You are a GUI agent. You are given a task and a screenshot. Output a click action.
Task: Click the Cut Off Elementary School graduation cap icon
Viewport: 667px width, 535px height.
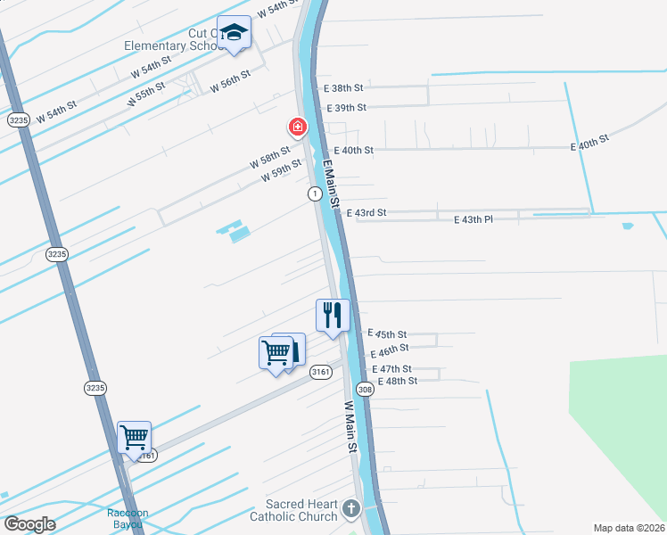[x=235, y=34]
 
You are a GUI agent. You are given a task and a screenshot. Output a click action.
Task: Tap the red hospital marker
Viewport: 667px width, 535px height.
[x=297, y=128]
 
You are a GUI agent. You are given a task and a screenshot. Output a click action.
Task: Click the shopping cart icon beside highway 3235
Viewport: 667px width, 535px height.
[x=134, y=438]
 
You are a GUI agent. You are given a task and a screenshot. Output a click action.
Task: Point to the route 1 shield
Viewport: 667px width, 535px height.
[x=314, y=193]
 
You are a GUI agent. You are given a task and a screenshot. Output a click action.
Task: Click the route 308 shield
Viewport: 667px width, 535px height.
[x=365, y=390]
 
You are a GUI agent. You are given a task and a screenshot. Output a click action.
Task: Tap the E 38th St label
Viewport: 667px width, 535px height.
[x=346, y=88]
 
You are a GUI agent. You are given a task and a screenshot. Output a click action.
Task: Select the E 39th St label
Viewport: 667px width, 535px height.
[x=347, y=107]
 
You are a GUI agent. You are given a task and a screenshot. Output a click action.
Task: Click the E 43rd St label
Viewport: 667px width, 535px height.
[x=366, y=213]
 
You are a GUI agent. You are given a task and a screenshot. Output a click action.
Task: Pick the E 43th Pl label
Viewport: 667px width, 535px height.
[x=473, y=218]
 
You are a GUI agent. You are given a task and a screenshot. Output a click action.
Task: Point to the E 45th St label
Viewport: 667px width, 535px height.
[x=388, y=333]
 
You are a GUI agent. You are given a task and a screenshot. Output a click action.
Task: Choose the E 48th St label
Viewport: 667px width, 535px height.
[x=397, y=381]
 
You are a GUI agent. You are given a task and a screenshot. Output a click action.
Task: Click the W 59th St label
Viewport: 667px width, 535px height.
[x=282, y=173]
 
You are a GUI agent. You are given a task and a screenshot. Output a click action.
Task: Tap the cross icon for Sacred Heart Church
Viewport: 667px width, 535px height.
[x=351, y=510]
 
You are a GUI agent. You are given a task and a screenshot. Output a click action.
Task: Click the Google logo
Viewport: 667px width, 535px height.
[x=30, y=524]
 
